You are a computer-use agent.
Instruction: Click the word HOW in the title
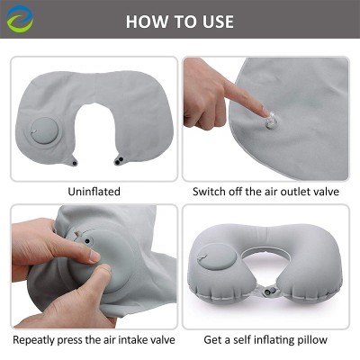coord(146,21)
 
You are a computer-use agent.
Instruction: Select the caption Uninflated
coord(94,192)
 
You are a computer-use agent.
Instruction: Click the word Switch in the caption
coord(209,192)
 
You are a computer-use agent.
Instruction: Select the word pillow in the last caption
coord(310,339)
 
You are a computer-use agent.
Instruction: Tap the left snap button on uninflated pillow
coord(75,163)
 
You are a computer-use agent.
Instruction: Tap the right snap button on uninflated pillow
coord(119,161)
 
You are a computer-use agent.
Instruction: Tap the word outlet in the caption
coord(292,192)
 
